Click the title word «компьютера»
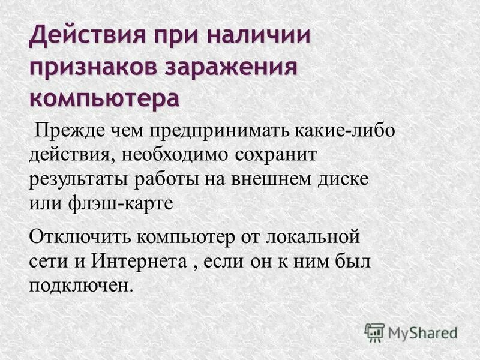tap(104, 98)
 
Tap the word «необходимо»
tap(176, 155)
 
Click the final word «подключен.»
tap(80, 284)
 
